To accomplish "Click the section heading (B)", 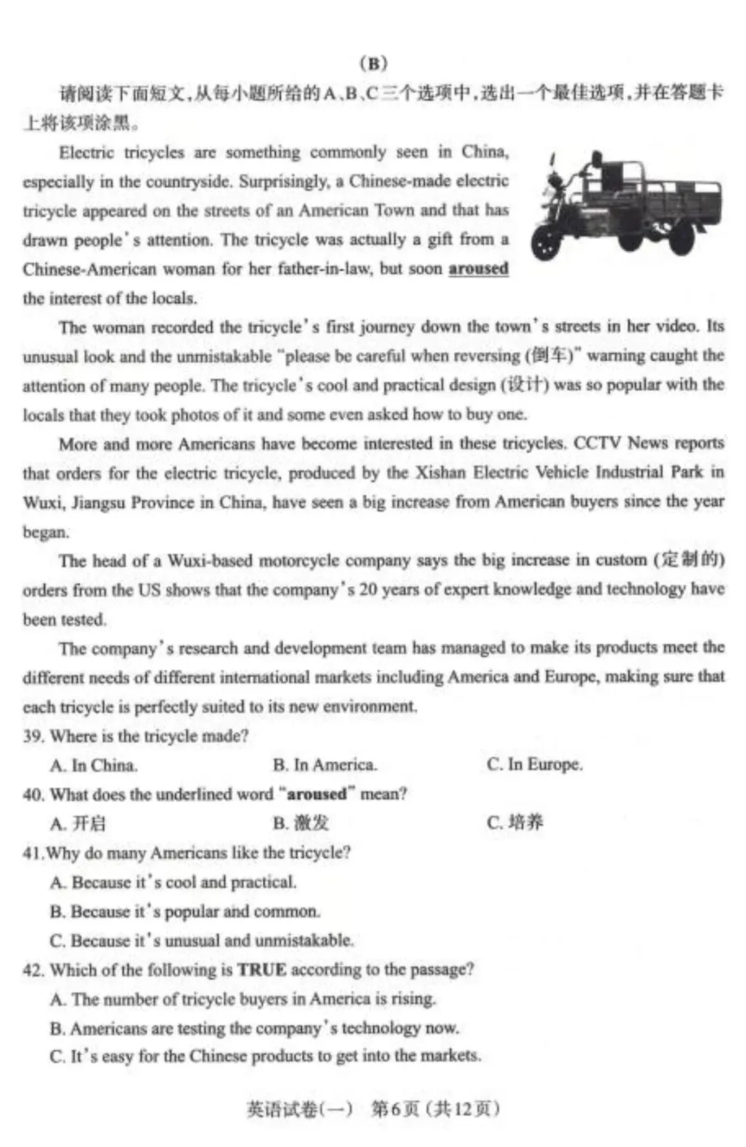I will point(374,64).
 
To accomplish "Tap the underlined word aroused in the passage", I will point(478,269).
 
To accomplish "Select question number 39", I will point(33,736).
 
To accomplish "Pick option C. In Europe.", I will point(535,764).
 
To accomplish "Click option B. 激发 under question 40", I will point(301,822).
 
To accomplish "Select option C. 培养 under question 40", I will point(515,822).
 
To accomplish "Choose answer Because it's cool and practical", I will point(173,882).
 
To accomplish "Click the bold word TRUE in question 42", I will point(261,970).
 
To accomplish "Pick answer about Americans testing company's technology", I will point(254,1028).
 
